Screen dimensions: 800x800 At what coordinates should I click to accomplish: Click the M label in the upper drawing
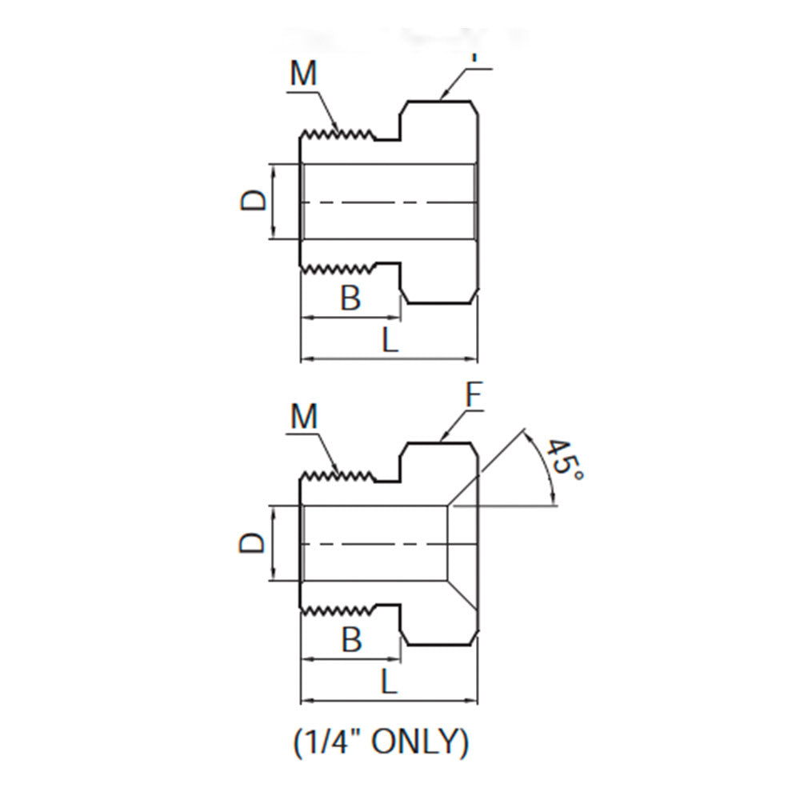click(x=304, y=74)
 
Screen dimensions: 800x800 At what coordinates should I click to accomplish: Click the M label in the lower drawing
click(x=304, y=416)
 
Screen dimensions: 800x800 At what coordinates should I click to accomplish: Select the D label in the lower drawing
click(x=253, y=543)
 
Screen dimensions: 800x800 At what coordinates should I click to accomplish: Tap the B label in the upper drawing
click(x=350, y=298)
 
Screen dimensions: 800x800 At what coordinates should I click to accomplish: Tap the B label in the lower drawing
click(x=350, y=640)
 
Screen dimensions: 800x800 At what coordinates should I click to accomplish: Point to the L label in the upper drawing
click(x=389, y=342)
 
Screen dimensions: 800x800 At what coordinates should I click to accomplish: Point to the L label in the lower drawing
click(x=389, y=684)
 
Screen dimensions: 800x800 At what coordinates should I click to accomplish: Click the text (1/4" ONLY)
click(x=380, y=742)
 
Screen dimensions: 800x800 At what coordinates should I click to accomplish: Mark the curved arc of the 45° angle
click(x=546, y=472)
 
